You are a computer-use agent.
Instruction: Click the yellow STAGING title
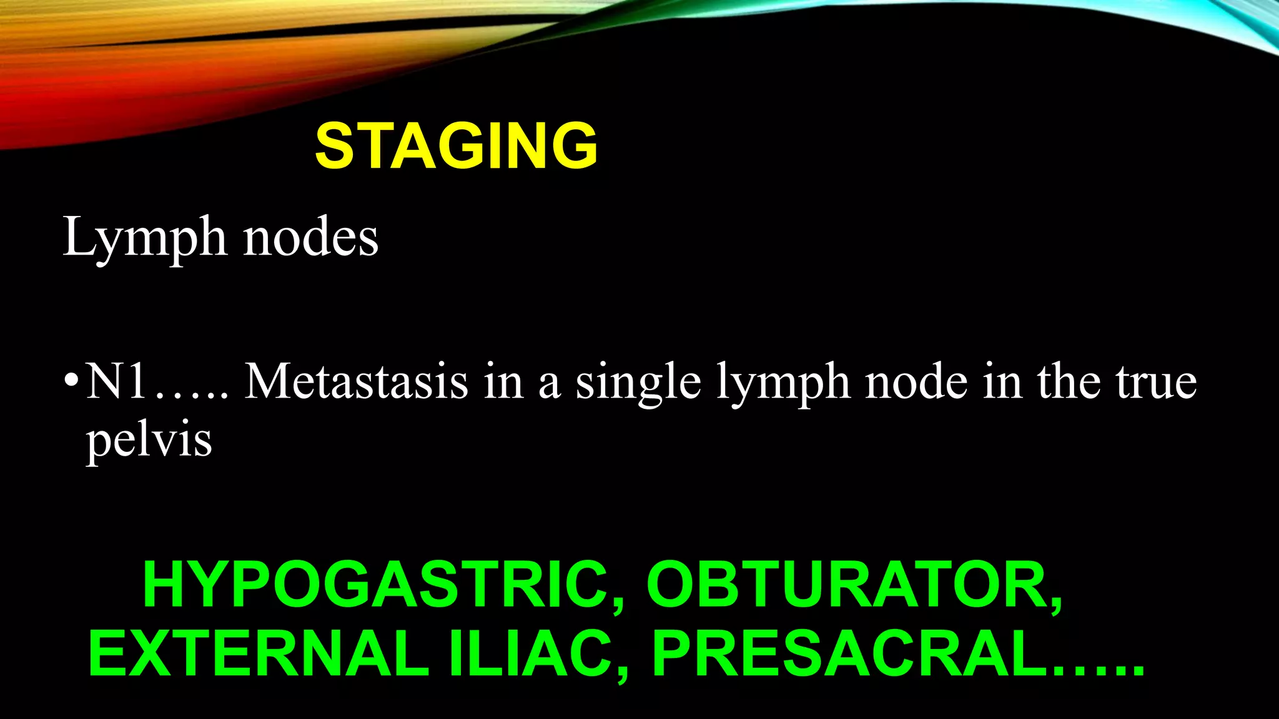tap(457, 146)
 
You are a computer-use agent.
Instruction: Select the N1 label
tap(117, 380)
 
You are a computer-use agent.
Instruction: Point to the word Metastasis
tap(356, 380)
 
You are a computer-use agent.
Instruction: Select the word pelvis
tap(149, 441)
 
